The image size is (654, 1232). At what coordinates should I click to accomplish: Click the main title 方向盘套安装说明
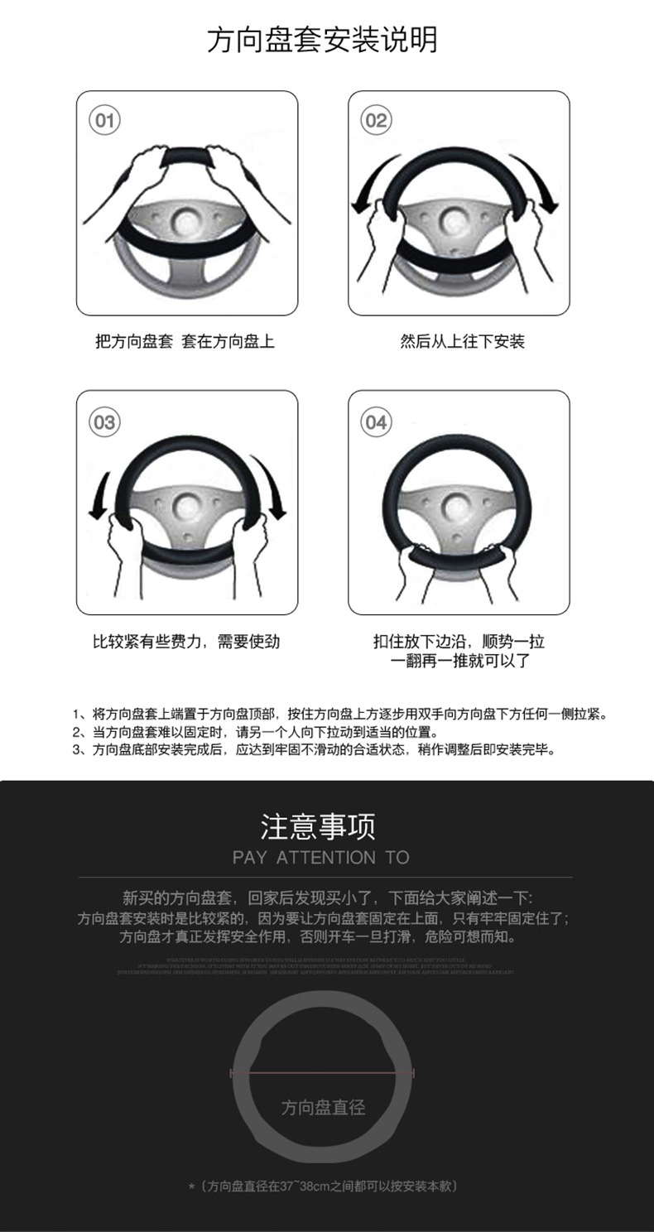coord(322,40)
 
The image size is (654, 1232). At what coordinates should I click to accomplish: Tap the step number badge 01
coord(104,121)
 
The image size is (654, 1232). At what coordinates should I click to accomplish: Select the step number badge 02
coord(376,121)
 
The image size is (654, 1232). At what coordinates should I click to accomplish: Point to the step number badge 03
coord(104,422)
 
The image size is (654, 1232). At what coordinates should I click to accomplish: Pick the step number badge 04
coord(376,422)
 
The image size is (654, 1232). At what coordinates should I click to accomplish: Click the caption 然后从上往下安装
coord(462,341)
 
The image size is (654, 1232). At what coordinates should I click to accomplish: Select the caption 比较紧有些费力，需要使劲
coord(186,642)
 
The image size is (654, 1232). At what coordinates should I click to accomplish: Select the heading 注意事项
coord(319,826)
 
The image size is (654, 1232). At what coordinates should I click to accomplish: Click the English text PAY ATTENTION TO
coord(321,858)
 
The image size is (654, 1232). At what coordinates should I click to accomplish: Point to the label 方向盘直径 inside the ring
coord(323,1108)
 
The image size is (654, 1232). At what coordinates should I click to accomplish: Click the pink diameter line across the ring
coord(322,1073)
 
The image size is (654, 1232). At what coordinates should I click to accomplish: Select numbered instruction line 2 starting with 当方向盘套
coord(254,733)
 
